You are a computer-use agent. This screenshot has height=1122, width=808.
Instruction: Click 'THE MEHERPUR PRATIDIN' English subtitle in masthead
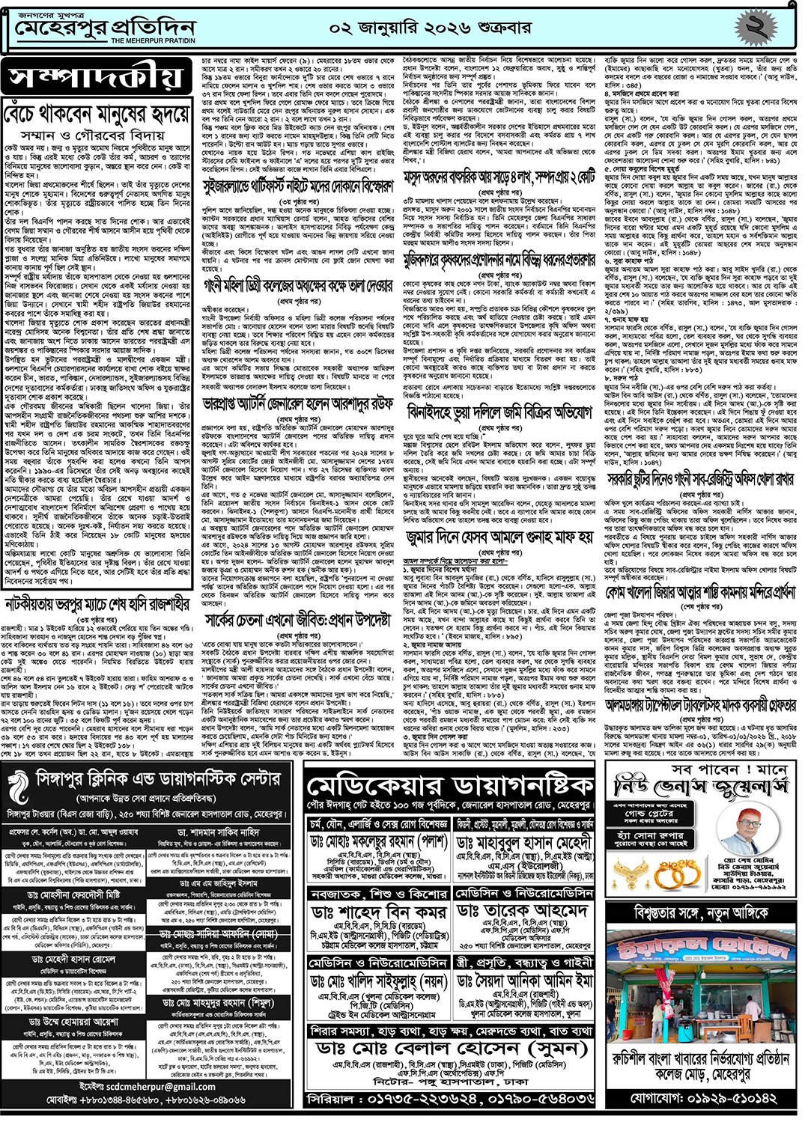click(153, 41)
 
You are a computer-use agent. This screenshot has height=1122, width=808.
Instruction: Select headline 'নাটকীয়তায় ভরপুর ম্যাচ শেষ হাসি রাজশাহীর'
click(97, 603)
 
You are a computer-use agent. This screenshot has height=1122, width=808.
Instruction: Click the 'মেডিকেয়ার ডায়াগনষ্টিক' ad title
click(450, 786)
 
